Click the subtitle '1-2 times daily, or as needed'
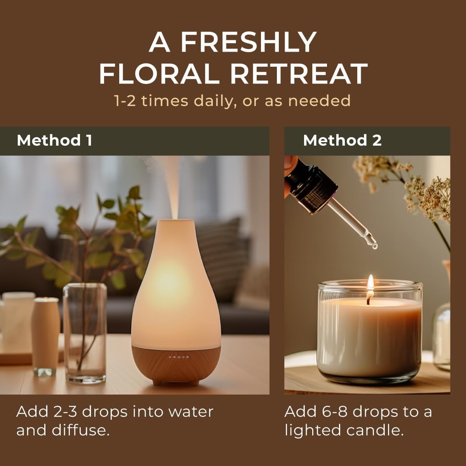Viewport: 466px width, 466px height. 233,101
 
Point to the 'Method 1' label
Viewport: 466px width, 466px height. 54,140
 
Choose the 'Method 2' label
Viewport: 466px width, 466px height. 342,140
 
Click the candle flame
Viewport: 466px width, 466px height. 370,282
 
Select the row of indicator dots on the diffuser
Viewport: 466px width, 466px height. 179,356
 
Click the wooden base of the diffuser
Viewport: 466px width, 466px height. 176,365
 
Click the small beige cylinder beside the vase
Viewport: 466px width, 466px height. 45,334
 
